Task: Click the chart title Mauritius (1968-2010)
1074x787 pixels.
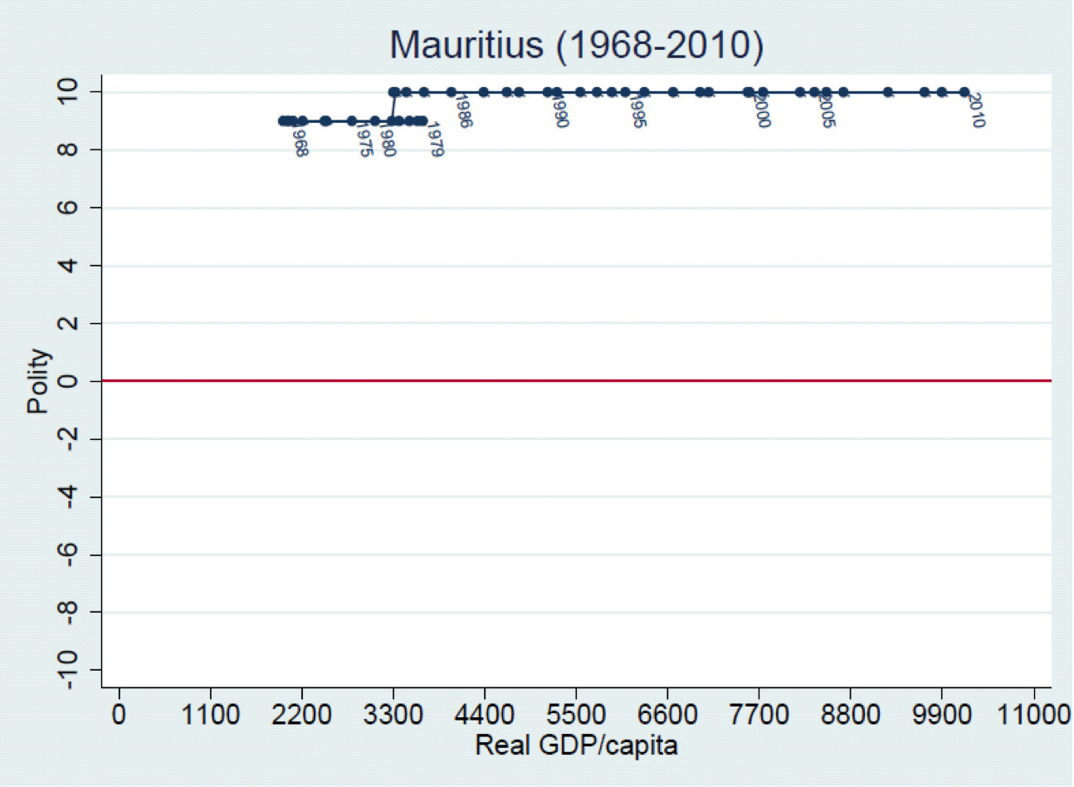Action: pyautogui.click(x=576, y=45)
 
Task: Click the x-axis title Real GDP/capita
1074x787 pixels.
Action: pyautogui.click(x=576, y=745)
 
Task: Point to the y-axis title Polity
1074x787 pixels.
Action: pyautogui.click(x=38, y=381)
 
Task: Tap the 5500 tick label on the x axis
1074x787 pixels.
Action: pyautogui.click(x=576, y=714)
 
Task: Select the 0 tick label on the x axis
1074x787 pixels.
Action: pyautogui.click(x=119, y=714)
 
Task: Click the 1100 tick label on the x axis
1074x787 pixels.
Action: pyautogui.click(x=210, y=714)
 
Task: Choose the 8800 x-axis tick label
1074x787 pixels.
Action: pyautogui.click(x=850, y=714)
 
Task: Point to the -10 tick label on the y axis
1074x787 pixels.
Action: pyautogui.click(x=68, y=669)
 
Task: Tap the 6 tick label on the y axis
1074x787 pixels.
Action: pyautogui.click(x=68, y=208)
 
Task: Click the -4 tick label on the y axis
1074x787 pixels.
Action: pyautogui.click(x=68, y=496)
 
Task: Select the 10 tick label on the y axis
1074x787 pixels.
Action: pyautogui.click(x=68, y=91)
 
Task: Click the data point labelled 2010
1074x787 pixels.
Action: pyautogui.click(x=964, y=92)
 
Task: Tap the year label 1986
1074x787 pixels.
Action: pyautogui.click(x=463, y=111)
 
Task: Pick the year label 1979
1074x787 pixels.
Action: pyautogui.click(x=435, y=139)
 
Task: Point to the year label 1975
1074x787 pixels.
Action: pyautogui.click(x=364, y=139)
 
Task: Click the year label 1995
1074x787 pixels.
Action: pyautogui.click(x=637, y=111)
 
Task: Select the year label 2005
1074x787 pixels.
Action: pyautogui.click(x=826, y=111)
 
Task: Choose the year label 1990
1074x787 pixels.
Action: pyautogui.click(x=559, y=111)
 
